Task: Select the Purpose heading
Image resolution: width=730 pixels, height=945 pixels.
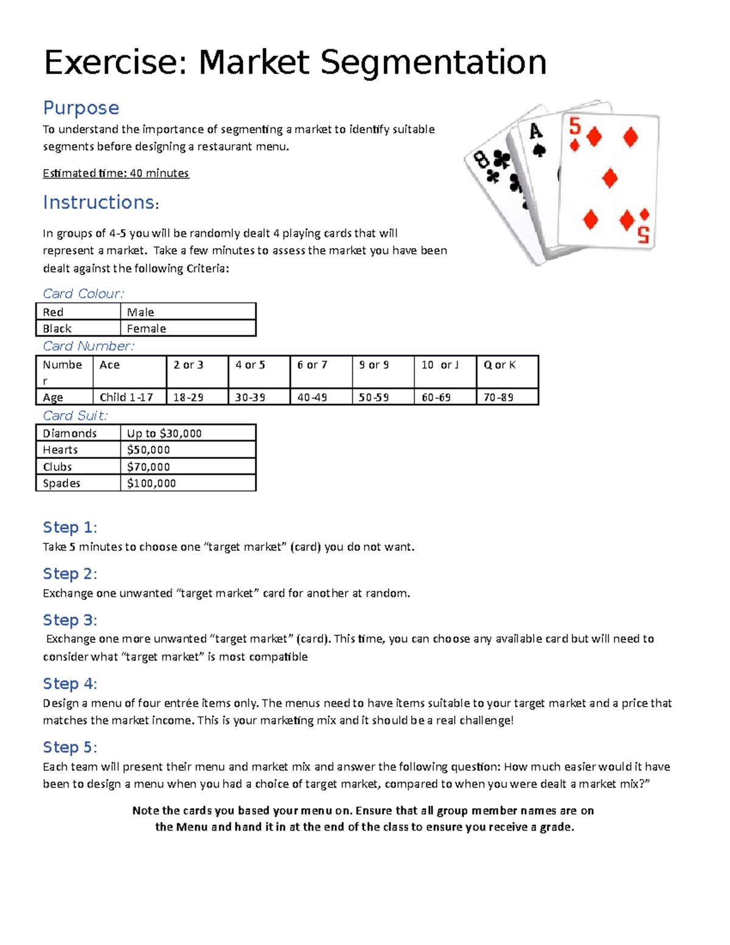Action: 81,108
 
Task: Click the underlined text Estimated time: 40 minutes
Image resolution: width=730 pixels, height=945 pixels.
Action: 116,173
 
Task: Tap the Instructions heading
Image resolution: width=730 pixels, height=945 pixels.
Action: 99,202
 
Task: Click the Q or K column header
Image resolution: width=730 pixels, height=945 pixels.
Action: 499,365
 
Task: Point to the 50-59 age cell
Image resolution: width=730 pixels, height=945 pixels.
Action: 374,397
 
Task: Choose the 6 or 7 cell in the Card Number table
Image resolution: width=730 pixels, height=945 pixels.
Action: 312,365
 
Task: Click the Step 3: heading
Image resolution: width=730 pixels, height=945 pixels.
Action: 69,620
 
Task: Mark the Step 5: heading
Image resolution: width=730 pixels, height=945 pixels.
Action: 69,747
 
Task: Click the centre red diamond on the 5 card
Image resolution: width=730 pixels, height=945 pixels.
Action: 610,178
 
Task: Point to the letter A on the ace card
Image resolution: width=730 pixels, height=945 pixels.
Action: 535,131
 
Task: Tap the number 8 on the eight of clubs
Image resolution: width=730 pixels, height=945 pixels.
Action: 482,160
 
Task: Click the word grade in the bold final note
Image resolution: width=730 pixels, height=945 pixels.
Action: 555,827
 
